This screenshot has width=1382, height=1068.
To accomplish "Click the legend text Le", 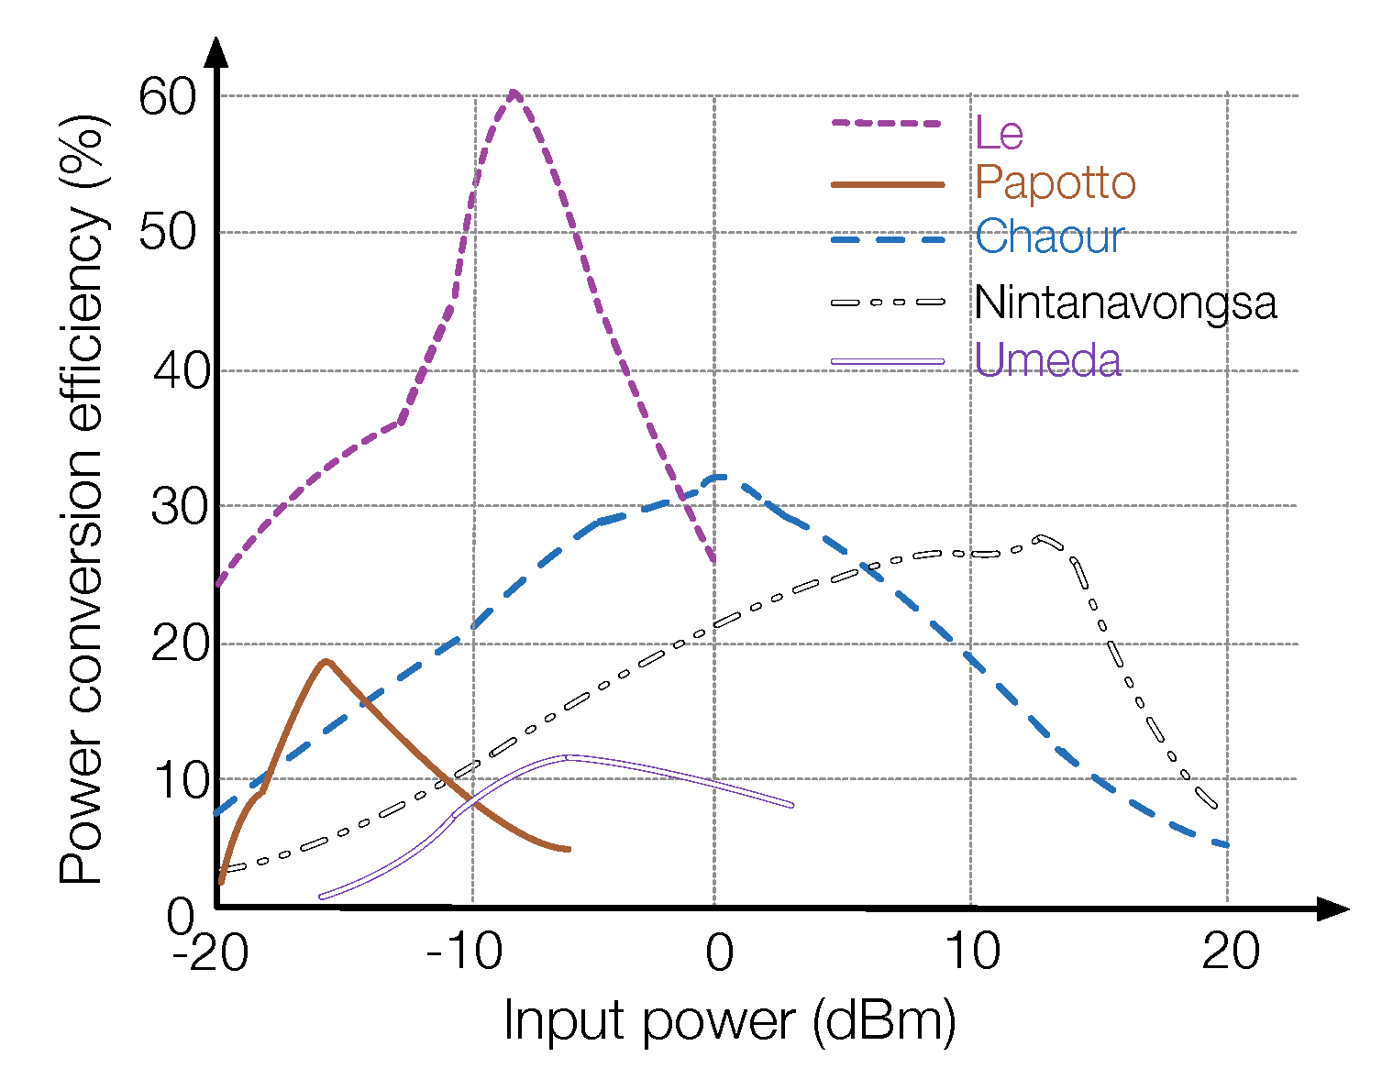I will (999, 133).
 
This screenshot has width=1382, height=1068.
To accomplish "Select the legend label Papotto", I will (1056, 182).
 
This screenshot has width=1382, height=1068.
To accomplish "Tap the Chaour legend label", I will (1049, 237).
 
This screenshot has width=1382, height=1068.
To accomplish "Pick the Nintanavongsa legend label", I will (1125, 303).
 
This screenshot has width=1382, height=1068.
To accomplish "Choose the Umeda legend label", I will (1047, 360).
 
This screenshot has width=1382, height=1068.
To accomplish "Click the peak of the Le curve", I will (514, 93).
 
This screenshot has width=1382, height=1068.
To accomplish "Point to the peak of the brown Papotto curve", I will (326, 661).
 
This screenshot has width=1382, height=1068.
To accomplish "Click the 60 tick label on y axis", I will (168, 95).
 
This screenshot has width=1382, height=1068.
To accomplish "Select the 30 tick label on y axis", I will (180, 507).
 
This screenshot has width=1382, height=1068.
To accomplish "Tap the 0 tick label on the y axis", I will (181, 917).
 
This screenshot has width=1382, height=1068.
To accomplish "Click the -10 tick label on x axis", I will (465, 952).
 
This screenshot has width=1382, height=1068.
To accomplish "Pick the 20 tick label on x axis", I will (1231, 952).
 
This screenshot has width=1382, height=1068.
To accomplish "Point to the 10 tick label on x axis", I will (972, 952).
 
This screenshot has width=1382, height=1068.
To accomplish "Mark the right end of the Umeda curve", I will (791, 805).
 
